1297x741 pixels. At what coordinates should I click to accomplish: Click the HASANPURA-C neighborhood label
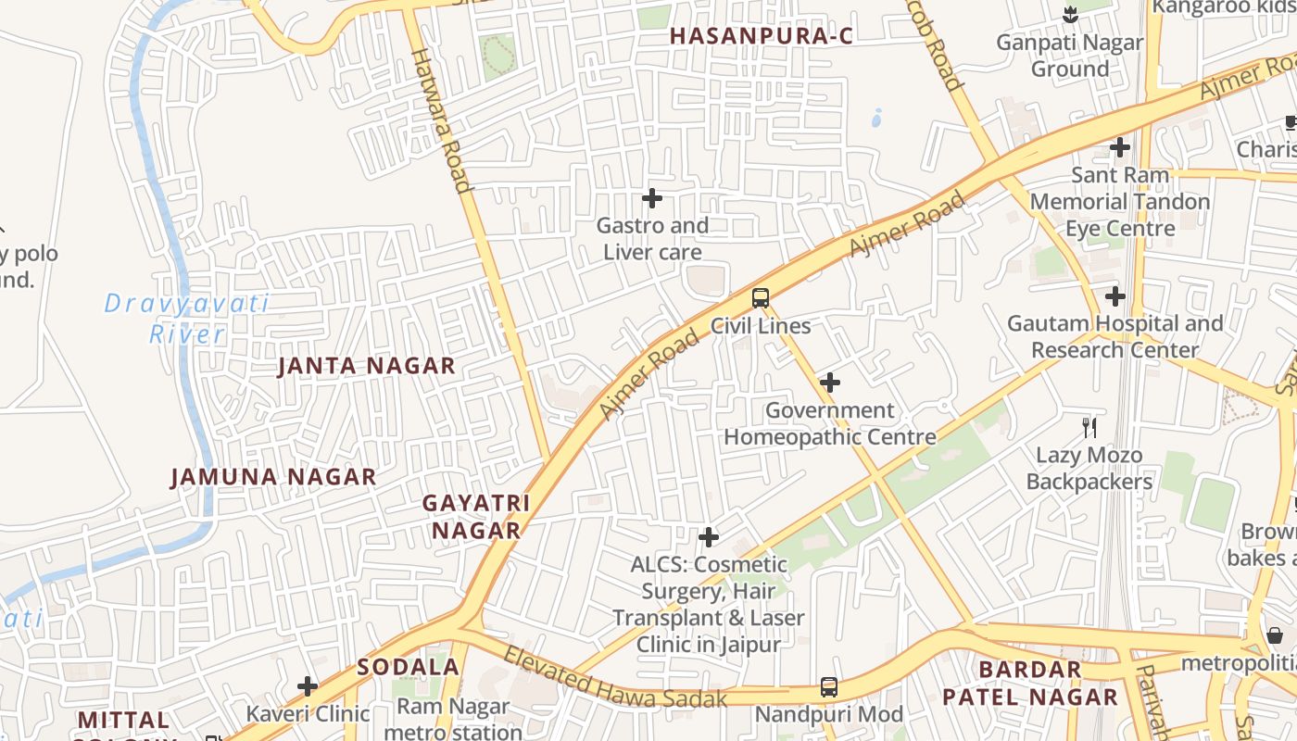click(761, 36)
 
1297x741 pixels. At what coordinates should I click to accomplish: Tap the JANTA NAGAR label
click(367, 366)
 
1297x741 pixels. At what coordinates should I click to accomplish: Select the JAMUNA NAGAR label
click(273, 477)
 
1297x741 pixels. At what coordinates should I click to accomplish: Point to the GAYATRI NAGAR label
click(475, 517)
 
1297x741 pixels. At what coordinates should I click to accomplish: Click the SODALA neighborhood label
click(409, 667)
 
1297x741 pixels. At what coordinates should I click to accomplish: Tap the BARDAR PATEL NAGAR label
click(1030, 683)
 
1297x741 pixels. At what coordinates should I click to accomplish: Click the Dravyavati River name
click(186, 318)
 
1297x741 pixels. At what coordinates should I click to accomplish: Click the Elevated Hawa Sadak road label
click(615, 678)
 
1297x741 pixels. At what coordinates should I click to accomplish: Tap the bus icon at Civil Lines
click(761, 298)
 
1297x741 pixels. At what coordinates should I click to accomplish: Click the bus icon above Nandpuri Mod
click(829, 687)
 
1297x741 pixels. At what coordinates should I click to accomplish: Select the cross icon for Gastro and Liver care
click(652, 198)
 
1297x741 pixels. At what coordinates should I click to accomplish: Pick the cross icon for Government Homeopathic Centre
click(830, 383)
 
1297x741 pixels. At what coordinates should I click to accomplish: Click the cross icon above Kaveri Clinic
click(308, 686)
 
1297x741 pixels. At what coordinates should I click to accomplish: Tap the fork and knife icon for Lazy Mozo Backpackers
click(1089, 427)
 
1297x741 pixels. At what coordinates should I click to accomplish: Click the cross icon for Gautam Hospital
click(1115, 296)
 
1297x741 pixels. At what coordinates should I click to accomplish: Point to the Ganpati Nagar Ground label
click(1069, 56)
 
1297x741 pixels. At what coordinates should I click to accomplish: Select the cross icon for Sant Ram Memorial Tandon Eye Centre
click(1120, 147)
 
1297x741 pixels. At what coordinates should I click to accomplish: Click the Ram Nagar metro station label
click(453, 719)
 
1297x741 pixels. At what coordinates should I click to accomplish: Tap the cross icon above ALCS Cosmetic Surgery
click(709, 537)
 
